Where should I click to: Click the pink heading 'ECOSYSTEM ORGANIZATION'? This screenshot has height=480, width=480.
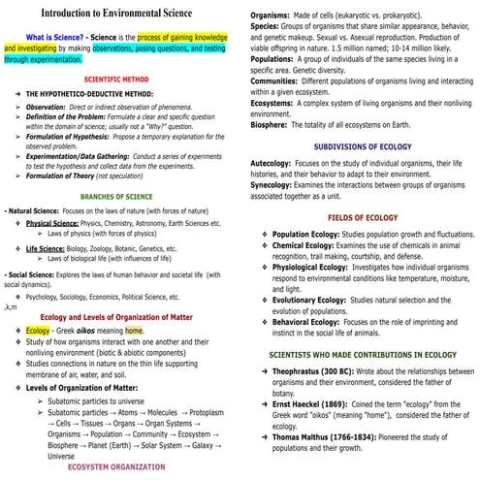116,467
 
